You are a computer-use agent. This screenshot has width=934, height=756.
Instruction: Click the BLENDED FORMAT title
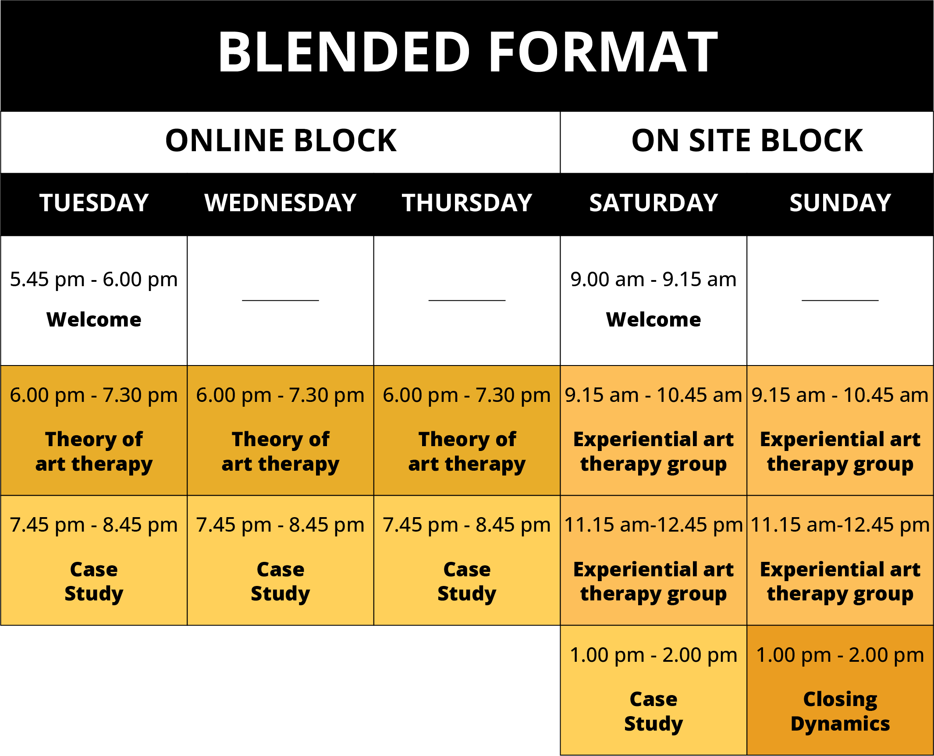468,52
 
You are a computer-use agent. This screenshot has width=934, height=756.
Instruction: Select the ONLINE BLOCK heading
281,141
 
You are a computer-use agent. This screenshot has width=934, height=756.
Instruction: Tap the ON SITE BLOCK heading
747,141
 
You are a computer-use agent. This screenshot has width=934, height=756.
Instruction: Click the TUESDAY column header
94,203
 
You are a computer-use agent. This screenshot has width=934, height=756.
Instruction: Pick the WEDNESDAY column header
281,203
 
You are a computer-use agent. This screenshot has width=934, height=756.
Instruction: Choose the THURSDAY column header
467,203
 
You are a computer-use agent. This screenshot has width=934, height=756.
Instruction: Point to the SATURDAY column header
653,203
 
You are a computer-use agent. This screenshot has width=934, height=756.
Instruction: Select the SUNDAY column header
840,203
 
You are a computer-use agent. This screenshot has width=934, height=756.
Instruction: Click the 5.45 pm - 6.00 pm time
94,280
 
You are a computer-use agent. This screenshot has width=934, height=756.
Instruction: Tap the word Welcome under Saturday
653,319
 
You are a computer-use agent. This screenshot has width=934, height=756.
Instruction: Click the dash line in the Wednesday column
281,300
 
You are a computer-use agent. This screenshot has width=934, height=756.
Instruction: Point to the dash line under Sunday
840,300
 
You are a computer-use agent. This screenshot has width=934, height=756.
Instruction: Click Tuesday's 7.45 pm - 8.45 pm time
94,525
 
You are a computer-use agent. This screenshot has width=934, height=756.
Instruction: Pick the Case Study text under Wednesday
281,582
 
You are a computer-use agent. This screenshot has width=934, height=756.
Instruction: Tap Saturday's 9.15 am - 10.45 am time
653,395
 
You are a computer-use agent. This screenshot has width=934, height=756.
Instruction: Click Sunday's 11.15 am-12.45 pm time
840,525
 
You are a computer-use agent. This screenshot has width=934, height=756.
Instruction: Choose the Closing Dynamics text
840,712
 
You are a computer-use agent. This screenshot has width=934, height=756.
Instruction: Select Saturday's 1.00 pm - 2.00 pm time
653,655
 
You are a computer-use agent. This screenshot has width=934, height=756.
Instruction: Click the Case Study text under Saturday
653,712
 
